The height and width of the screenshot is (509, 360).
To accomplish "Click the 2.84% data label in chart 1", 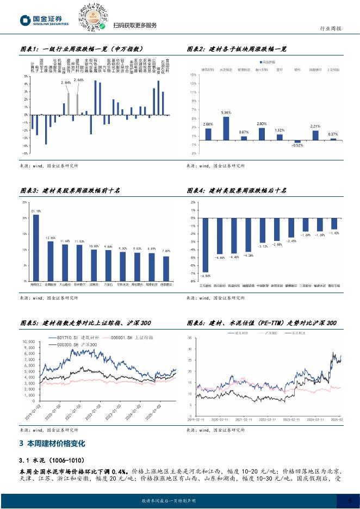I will (66, 83).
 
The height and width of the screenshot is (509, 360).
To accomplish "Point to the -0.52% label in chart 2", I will (297, 146).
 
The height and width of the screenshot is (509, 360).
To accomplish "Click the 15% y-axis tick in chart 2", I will (194, 75).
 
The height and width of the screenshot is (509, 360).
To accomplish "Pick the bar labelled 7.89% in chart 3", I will (166, 268).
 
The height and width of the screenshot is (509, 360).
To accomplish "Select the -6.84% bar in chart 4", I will (206, 244).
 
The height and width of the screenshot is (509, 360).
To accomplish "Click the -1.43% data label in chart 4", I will (333, 233).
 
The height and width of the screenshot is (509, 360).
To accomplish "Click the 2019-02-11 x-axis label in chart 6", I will (196, 420).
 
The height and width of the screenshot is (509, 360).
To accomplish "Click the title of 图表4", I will (236, 190).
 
